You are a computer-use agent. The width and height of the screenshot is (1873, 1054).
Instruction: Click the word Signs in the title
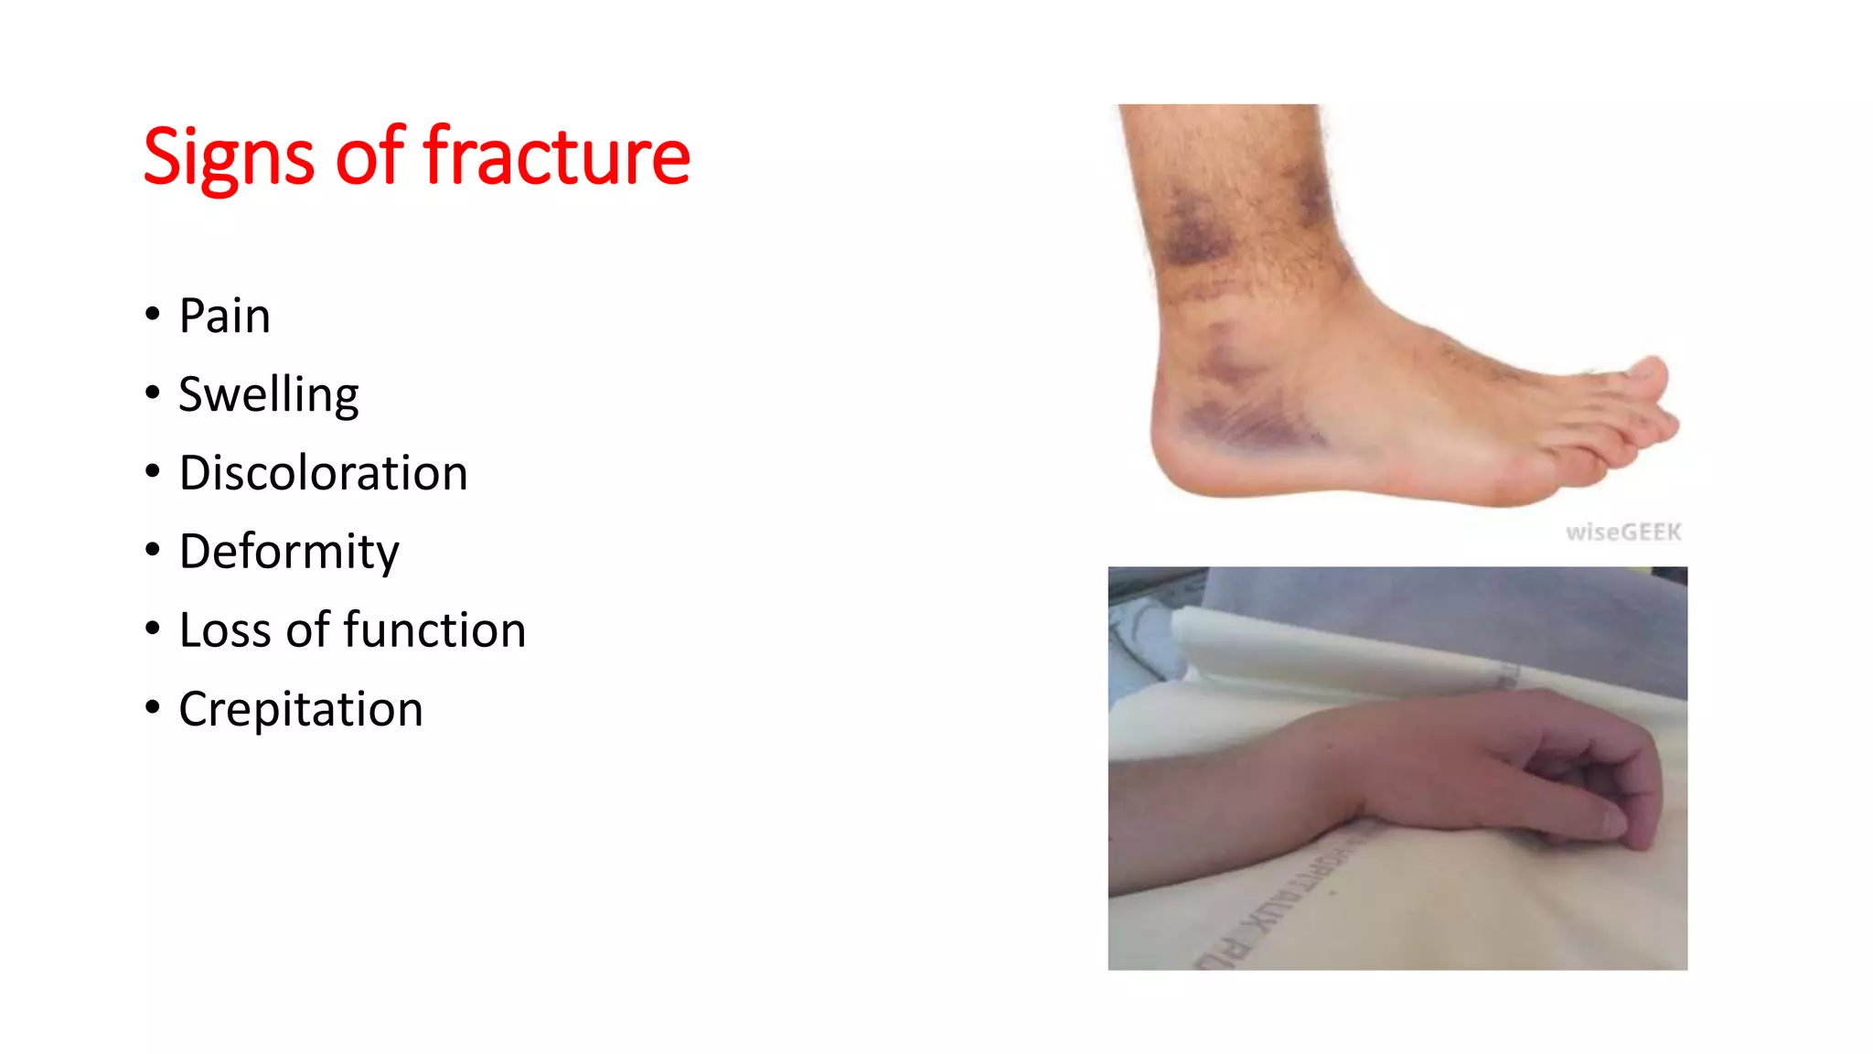point(229,157)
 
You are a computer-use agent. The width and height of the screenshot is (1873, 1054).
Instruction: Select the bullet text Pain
point(224,317)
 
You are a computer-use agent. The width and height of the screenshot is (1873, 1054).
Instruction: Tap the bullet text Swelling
point(268,395)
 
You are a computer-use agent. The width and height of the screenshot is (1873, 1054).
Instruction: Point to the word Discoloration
point(323,474)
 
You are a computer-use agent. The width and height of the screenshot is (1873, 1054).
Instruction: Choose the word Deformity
point(289,553)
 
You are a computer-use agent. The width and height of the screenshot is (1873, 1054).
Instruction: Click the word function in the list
point(434,631)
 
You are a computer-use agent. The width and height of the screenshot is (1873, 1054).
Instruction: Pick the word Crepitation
point(301,710)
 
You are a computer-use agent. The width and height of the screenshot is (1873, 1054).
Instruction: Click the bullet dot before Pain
point(153,315)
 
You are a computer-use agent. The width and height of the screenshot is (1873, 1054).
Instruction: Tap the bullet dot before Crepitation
point(153,707)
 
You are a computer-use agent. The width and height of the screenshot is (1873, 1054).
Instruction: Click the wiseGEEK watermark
point(1623,532)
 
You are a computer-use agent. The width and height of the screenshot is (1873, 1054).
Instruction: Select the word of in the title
point(369,157)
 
